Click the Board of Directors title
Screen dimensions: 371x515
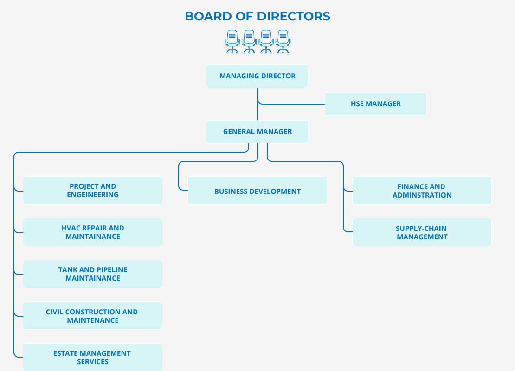257,16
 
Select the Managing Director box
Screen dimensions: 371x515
257,76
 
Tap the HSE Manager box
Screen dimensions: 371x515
375,104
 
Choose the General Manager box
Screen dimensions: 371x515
257,132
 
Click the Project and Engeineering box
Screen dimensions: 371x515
92,190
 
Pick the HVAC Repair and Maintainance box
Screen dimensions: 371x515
92,232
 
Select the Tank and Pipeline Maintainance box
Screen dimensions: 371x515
92,274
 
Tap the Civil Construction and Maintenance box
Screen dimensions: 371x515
92,316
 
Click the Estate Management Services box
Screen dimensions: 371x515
92,357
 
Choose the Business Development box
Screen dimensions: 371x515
257,191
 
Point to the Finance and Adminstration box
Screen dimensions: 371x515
422,190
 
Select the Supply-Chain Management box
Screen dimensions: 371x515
422,232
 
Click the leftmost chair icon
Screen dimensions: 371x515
232,42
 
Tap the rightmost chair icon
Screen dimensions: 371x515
283,42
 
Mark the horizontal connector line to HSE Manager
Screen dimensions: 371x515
292,104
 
